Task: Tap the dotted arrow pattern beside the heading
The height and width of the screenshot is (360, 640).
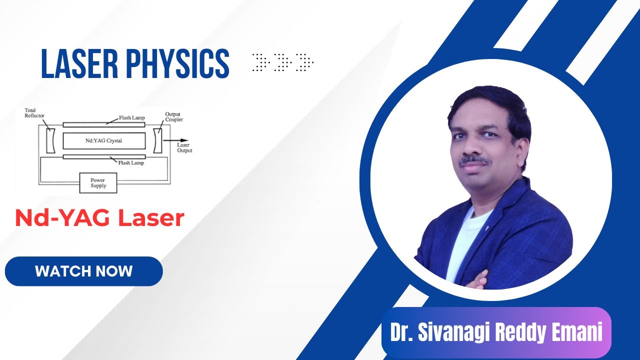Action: pos(282,62)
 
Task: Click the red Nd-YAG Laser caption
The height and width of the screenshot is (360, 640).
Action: pos(100,218)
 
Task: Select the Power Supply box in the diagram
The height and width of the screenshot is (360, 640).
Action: pos(98,183)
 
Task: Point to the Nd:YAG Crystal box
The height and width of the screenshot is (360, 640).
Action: pos(103,141)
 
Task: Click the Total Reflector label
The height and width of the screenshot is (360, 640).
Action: pos(34,113)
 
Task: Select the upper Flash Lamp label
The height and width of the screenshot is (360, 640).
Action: pos(131,118)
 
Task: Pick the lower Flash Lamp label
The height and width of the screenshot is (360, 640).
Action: pos(131,162)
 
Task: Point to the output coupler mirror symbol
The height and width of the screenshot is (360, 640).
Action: pos(158,141)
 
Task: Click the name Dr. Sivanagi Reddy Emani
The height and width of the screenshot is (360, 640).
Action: pos(496,332)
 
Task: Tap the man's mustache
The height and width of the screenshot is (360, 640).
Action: pos(474,161)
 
